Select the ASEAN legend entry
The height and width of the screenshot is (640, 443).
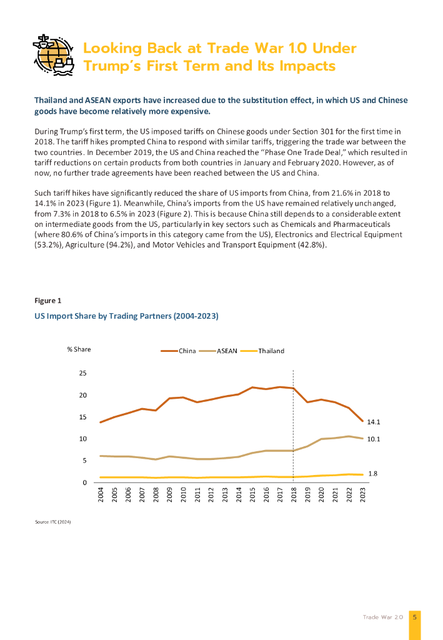pyautogui.click(x=227, y=351)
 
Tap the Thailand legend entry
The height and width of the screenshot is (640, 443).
pyautogui.click(x=271, y=351)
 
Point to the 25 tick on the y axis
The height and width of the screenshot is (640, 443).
pyautogui.click(x=82, y=373)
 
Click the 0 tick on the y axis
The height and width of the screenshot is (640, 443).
pyautogui.click(x=84, y=482)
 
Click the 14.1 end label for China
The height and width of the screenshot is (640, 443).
pyautogui.click(x=374, y=422)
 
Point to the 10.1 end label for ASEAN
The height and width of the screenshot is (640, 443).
pyautogui.click(x=374, y=439)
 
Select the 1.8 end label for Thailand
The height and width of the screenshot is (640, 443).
pyautogui.click(x=372, y=474)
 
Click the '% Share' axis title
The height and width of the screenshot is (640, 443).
pyautogui.click(x=79, y=349)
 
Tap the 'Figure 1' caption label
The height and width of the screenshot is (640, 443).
pyautogui.click(x=47, y=301)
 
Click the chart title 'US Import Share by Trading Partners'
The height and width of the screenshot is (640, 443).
pyautogui.click(x=126, y=316)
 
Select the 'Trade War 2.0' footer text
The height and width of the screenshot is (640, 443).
pyautogui.click(x=383, y=617)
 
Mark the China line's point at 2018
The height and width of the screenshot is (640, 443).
pyautogui.click(x=293, y=388)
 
